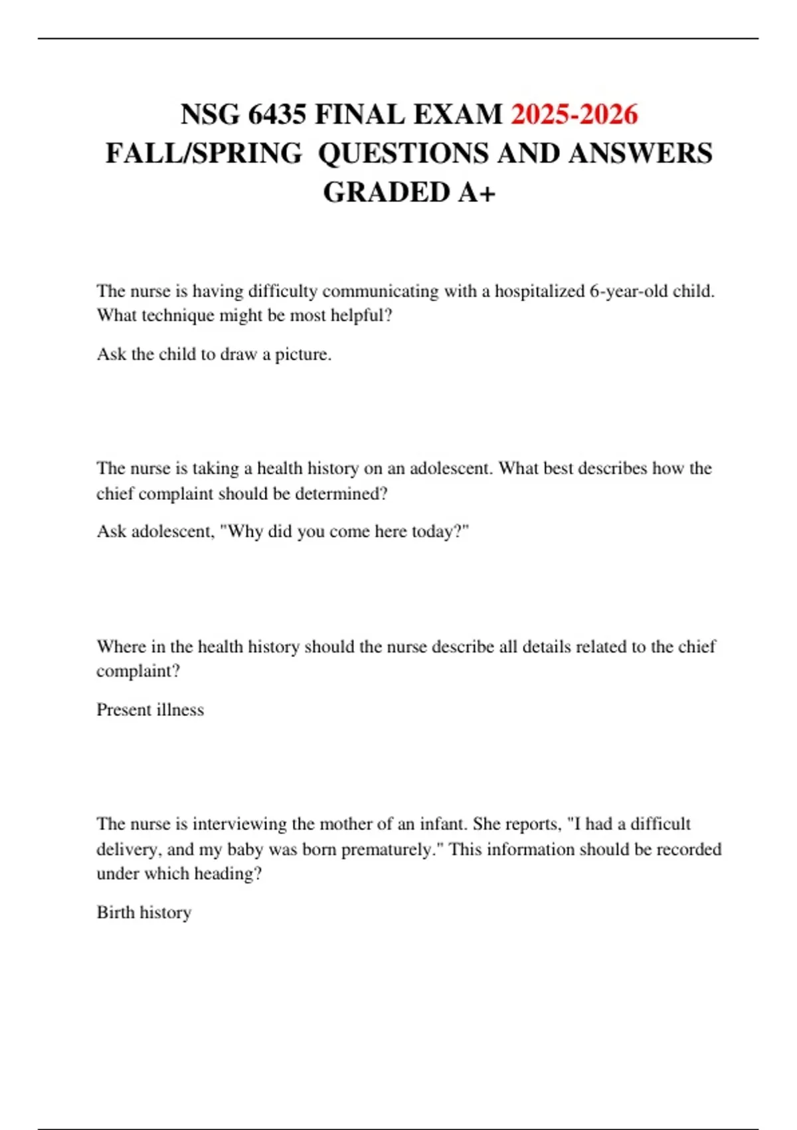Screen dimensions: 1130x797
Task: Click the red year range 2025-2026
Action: tap(574, 114)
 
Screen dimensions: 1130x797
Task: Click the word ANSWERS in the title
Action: tap(640, 154)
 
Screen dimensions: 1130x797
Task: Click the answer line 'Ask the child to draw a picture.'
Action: tap(214, 354)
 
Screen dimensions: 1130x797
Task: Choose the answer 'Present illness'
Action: tap(150, 710)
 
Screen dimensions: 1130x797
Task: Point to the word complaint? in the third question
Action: tap(138, 671)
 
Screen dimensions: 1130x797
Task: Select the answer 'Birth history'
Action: tap(144, 913)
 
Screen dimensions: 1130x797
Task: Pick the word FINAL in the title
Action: tap(360, 114)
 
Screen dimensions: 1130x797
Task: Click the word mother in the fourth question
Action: tap(345, 824)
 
